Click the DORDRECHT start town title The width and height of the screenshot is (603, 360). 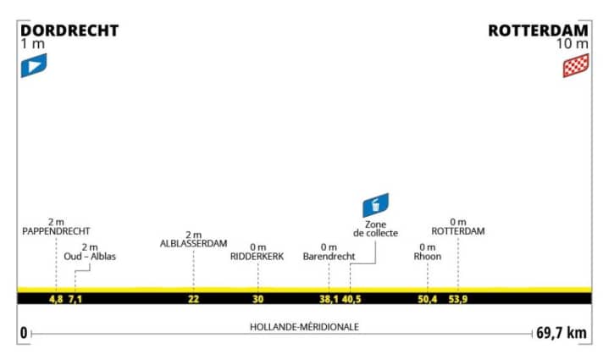69,30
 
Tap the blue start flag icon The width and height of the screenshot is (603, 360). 33,65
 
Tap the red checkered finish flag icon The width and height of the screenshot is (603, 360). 576,65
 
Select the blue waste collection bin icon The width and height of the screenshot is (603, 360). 375,205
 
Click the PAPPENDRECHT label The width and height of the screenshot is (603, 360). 57,230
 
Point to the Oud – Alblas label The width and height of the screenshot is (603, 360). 90,256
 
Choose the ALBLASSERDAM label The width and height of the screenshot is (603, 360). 193,243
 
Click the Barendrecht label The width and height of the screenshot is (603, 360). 328,256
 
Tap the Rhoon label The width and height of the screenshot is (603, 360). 428,256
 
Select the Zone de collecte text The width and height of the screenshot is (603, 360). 375,228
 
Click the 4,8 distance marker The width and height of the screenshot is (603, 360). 57,298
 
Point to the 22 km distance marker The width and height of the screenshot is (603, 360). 193,298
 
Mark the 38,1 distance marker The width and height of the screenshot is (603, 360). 328,298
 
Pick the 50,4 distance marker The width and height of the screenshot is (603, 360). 428,298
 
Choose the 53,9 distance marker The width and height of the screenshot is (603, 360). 458,298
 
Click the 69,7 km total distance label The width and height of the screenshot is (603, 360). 561,333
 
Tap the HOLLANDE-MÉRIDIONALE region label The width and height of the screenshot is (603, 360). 302,327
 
